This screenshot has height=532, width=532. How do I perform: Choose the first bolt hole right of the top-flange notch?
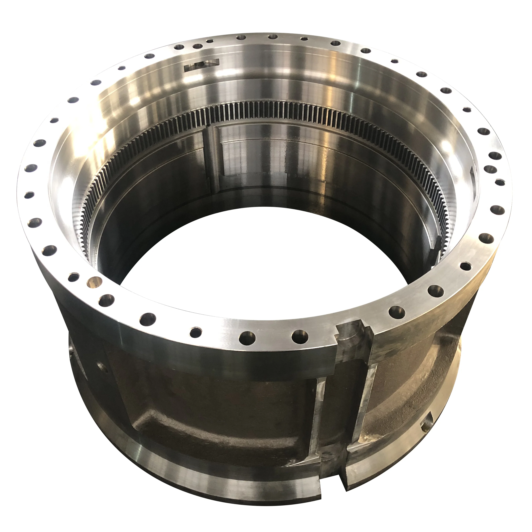pyautogui.click(x=396, y=312)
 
